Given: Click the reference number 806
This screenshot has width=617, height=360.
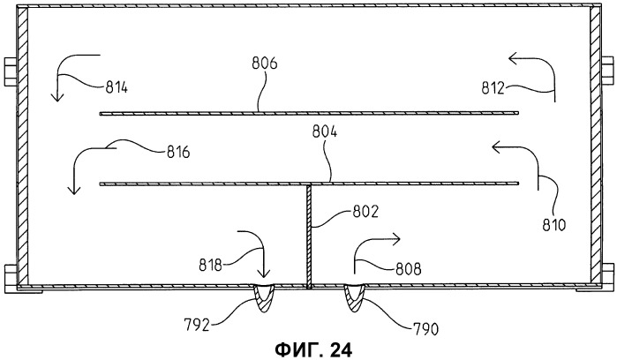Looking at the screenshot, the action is (265, 63).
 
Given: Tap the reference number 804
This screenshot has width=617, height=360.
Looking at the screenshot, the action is (325, 131).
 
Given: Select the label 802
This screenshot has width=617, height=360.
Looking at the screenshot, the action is (365, 212).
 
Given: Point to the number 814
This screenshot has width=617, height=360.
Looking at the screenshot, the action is (117, 87).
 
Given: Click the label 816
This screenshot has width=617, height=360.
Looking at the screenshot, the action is (178, 152).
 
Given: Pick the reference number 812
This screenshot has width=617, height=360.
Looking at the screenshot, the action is (493, 88).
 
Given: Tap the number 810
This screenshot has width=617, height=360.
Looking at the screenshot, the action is (553, 225).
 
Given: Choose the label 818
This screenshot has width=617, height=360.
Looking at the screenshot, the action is (210, 266).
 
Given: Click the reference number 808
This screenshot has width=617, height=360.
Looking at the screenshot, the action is (409, 269).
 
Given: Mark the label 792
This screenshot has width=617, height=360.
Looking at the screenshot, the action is (197, 325).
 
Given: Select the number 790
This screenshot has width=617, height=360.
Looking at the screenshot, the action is (425, 329).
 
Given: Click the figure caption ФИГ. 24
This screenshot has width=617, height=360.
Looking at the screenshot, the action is (313, 349).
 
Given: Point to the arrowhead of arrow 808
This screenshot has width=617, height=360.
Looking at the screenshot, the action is (395, 238).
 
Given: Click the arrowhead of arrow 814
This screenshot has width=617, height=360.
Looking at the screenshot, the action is (57, 96).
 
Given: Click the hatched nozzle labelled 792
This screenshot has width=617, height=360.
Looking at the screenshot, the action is (263, 298).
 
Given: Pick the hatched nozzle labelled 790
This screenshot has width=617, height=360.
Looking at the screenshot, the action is (354, 298).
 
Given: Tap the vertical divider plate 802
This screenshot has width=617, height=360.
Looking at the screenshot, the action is (309, 236).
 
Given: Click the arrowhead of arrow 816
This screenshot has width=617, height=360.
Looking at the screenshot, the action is (73, 190).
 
